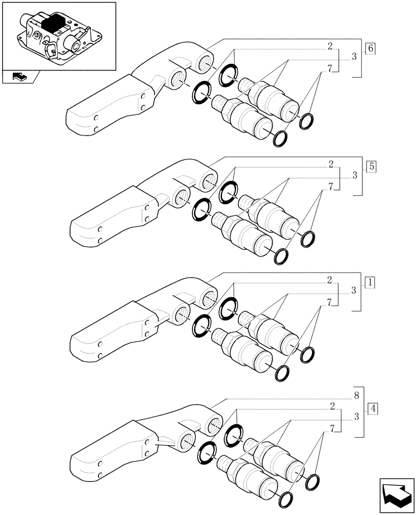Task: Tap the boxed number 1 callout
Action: click(371, 282)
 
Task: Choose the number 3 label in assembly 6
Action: click(355, 57)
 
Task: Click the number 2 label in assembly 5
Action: click(329, 164)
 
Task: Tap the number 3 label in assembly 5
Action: click(355, 176)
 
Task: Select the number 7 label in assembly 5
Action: click(329, 186)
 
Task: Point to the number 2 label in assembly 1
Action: click(329, 281)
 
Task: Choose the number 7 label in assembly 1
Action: click(329, 302)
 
